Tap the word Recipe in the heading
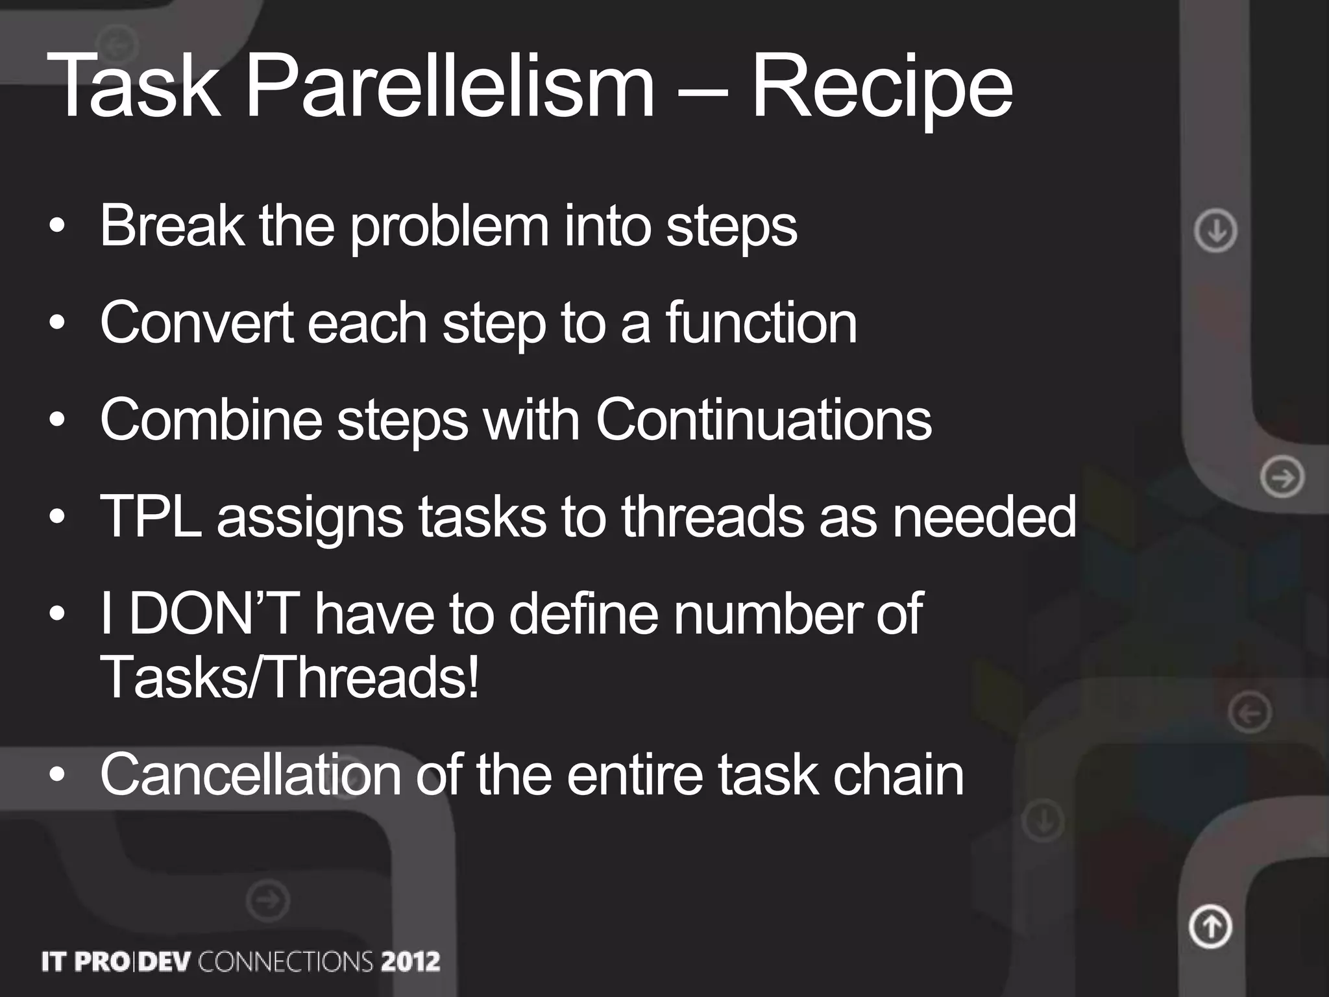pyautogui.click(x=881, y=88)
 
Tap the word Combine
pyautogui.click(x=211, y=420)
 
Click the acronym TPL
pyautogui.click(x=151, y=517)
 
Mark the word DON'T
pyautogui.click(x=214, y=613)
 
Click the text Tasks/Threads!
pyautogui.click(x=289, y=677)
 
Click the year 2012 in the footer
pyautogui.click(x=410, y=961)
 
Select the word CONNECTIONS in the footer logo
pyautogui.click(x=286, y=961)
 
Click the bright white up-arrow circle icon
pyautogui.click(x=1210, y=926)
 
